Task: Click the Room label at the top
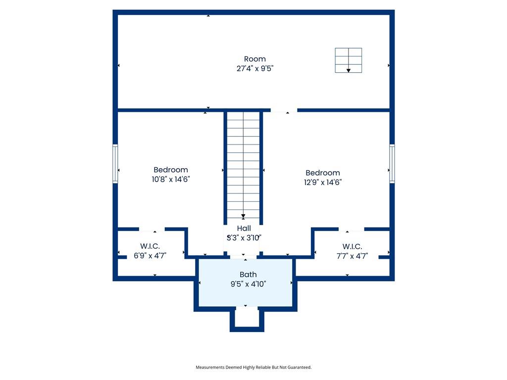pos(255,59)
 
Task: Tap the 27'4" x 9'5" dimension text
pos(255,68)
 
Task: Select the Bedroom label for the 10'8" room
pos(171,170)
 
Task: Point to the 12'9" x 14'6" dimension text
pos(323,182)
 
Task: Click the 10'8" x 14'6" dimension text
pos(171,179)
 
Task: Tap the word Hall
pos(244,228)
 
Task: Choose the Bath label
pos(248,274)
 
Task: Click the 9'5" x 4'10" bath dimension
pos(248,284)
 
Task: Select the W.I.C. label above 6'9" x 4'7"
pos(150,246)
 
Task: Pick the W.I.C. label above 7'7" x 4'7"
pos(352,246)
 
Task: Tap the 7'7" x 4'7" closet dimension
pos(352,256)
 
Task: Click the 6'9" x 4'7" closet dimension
pos(150,256)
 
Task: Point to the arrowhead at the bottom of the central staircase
pos(243,216)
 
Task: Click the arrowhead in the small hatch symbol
pos(349,70)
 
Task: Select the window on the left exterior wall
pos(115,164)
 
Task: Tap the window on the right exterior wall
pos(392,164)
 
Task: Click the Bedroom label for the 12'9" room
pos(323,173)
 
